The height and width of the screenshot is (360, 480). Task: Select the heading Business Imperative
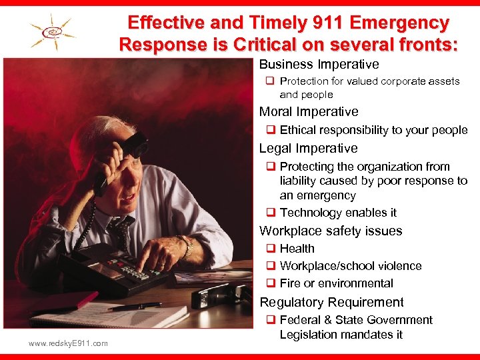tap(319, 65)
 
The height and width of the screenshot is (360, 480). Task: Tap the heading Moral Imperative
tap(309, 112)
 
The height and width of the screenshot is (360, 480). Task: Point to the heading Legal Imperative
tap(308, 149)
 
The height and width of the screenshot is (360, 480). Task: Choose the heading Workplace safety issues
tap(331, 231)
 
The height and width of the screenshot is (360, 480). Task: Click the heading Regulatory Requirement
tap(331, 302)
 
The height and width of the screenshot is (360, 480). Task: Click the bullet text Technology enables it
tap(338, 213)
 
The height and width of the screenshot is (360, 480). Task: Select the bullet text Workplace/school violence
tap(351, 266)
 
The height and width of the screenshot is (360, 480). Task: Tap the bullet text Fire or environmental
tap(337, 283)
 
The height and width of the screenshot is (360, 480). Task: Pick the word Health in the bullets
tap(297, 249)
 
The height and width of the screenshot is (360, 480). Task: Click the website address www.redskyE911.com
tap(68, 343)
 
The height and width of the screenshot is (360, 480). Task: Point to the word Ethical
tap(300, 130)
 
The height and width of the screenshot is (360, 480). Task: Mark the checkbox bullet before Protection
tap(271, 81)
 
